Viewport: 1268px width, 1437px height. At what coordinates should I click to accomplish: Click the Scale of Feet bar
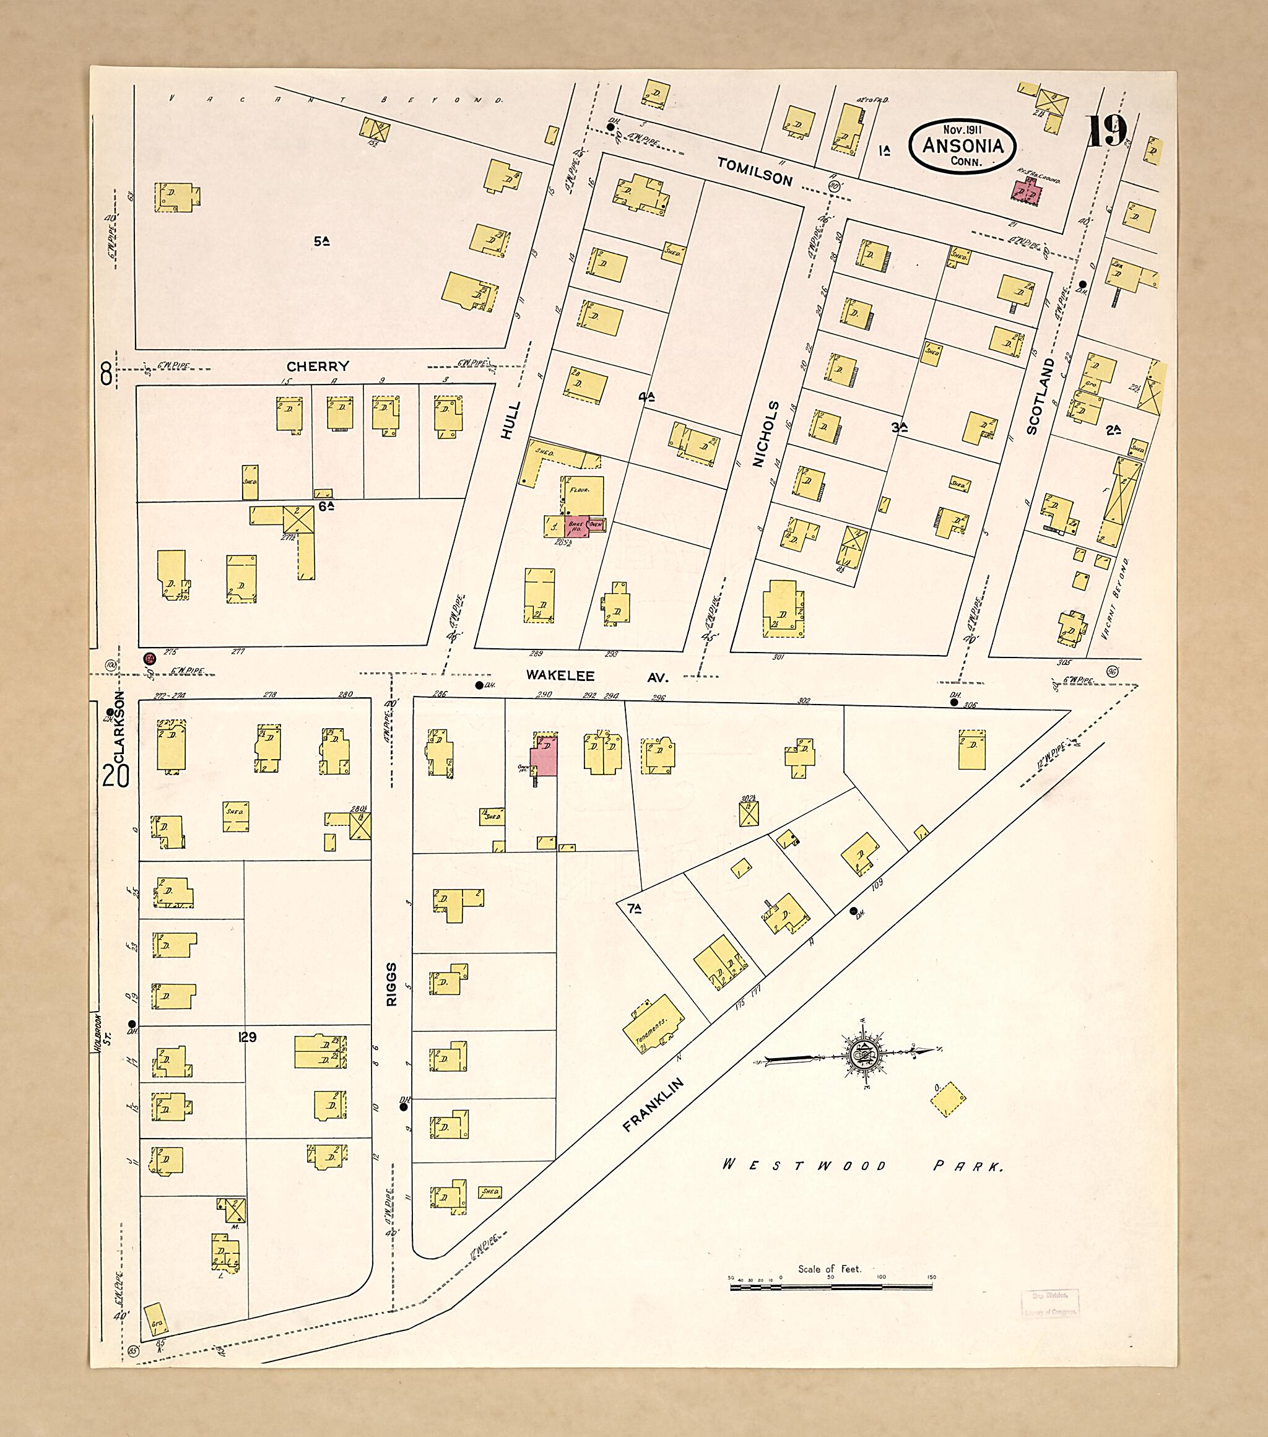[x=831, y=1287]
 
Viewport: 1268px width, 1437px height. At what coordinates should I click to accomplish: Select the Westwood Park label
[x=862, y=1166]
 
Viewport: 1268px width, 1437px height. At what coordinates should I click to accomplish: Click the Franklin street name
[x=653, y=1105]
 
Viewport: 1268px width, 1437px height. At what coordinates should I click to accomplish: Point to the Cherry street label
[x=318, y=367]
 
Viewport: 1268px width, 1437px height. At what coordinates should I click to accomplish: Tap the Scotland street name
[x=1041, y=396]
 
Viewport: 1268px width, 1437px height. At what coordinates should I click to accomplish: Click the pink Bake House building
[x=576, y=525]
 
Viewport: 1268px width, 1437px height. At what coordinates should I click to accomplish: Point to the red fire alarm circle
[x=149, y=658]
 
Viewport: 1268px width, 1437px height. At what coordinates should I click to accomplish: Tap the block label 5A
[x=321, y=241]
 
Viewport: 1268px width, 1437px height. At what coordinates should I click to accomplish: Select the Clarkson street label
[x=119, y=727]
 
